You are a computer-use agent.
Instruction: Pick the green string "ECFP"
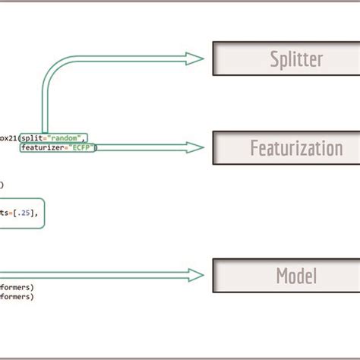pos(83,148)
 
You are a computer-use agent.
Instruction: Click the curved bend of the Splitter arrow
pos(49,68)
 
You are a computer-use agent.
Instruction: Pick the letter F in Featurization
pos(254,147)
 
